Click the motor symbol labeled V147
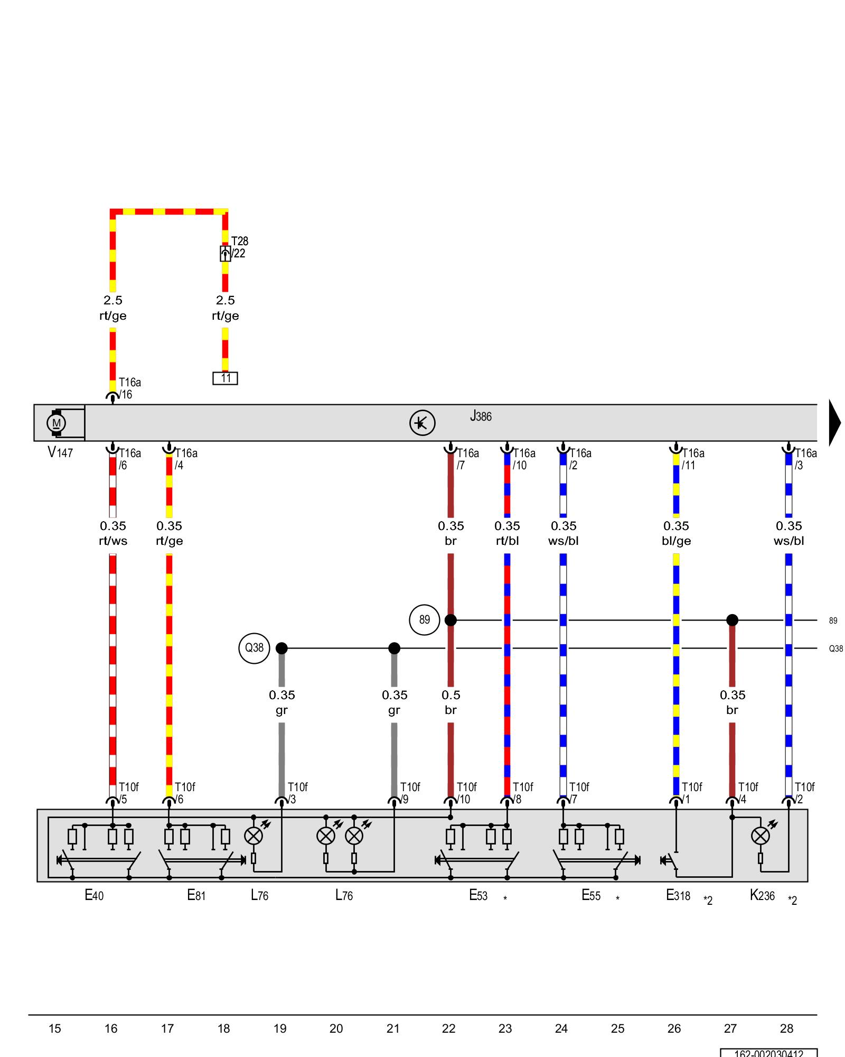tap(56, 423)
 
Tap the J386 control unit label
tap(481, 416)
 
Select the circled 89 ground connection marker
tap(425, 620)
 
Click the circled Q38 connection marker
tap(254, 648)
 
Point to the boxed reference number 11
tap(226, 378)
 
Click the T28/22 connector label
tap(239, 247)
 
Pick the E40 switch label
tap(94, 895)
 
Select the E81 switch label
tap(196, 895)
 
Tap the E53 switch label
tap(478, 895)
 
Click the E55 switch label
tap(591, 895)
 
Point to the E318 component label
tap(678, 895)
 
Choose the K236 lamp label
tap(762, 895)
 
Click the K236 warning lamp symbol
tap(760, 836)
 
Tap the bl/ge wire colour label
tap(676, 541)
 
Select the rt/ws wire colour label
tap(113, 541)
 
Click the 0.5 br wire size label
tap(450, 702)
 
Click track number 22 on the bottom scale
tap(449, 1028)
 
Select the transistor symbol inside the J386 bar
tap(422, 423)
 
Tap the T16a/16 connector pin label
tap(129, 388)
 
